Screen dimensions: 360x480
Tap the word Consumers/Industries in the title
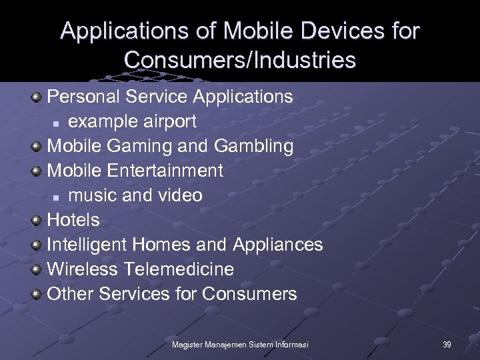240,60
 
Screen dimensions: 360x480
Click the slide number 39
447,345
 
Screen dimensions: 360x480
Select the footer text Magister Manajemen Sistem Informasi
239,345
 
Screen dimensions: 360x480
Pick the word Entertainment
164,171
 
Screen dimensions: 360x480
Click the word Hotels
73,220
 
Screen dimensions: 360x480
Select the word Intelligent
86,245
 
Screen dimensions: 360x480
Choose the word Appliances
277,245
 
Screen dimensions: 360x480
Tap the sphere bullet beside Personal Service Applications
38,97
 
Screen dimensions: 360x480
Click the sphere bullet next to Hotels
38,221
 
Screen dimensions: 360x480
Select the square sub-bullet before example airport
58,123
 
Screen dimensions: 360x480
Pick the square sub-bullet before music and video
58,197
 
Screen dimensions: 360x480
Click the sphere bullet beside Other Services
38,295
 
